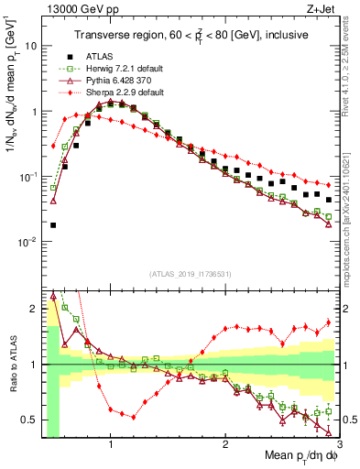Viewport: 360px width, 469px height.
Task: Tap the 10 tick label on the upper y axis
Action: [30, 45]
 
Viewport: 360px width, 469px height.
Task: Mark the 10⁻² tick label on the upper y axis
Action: [27, 242]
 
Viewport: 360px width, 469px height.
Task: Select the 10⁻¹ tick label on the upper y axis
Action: [27, 176]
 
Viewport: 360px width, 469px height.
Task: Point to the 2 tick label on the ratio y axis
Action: [33, 309]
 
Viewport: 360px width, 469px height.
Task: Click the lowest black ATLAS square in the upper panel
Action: [53, 224]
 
